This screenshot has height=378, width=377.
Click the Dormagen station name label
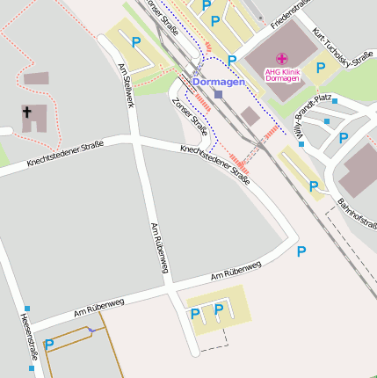click(218, 82)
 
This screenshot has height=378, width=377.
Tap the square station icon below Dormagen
click(218, 93)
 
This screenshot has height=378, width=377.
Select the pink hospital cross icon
click(281, 58)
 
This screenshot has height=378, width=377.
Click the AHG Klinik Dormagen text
click(282, 73)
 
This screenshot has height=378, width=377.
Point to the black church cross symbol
click(27, 113)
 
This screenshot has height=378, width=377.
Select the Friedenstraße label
click(294, 14)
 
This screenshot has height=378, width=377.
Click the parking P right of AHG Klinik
click(321, 67)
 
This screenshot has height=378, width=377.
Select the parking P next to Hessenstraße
click(49, 345)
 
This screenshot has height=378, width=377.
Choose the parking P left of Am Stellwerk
click(136, 41)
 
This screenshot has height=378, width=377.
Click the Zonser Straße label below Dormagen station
click(192, 117)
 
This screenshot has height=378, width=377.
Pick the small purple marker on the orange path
click(91, 330)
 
